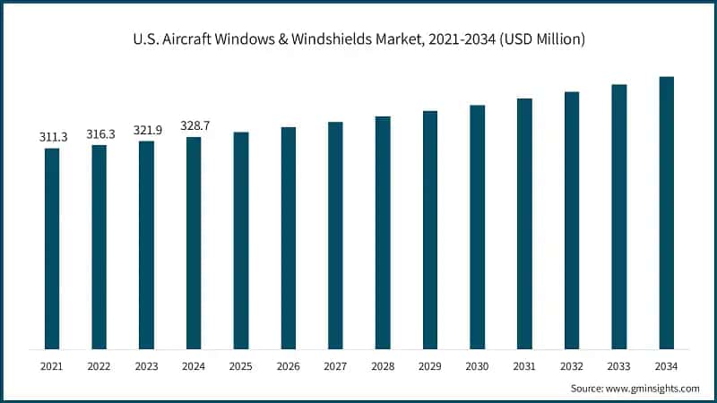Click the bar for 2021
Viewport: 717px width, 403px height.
click(52, 248)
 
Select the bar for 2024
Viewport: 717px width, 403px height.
click(194, 243)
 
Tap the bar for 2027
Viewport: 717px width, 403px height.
click(335, 235)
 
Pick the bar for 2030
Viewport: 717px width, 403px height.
click(477, 227)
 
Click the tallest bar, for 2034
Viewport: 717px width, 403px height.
click(666, 212)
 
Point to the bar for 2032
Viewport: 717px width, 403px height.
click(572, 219)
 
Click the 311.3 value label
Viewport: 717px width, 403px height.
click(52, 137)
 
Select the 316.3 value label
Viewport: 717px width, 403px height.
click(99, 133)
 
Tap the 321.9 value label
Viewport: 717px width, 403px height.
click(146, 130)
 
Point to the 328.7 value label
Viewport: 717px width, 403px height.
click(194, 126)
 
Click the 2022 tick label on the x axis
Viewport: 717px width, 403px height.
click(99, 366)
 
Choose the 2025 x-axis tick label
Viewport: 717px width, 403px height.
click(241, 366)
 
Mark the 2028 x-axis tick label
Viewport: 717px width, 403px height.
click(383, 366)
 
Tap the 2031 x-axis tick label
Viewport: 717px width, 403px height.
click(524, 366)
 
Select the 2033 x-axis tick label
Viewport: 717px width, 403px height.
click(618, 366)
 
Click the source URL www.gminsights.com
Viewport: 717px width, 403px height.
click(653, 389)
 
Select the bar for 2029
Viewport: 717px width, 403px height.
click(430, 229)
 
